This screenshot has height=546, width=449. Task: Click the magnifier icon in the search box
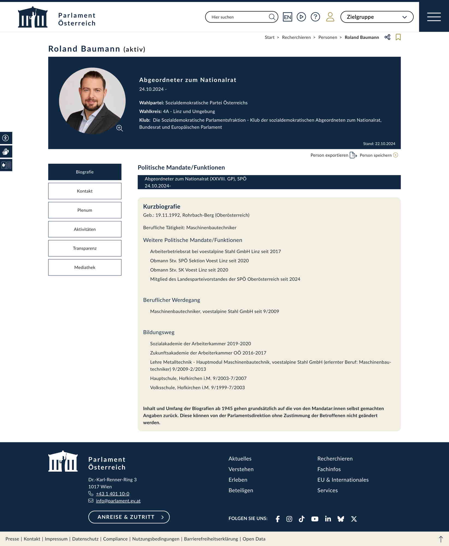point(272,17)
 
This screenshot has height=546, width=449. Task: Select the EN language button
point(287,17)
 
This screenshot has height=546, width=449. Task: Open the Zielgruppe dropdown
point(377,17)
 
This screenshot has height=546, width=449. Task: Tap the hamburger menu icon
point(434,17)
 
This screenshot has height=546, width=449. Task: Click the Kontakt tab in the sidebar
point(85,191)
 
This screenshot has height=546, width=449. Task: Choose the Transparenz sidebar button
point(85,248)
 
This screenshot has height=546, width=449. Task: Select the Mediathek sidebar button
point(85,267)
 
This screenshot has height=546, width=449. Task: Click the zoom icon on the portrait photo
point(119,128)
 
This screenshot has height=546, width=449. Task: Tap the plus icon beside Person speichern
point(395,155)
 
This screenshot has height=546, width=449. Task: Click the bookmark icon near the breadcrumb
point(398,37)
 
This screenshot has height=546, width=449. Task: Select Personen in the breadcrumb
point(327,37)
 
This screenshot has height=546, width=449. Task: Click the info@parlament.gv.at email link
point(118,501)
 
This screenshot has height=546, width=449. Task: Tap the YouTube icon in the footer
point(315,519)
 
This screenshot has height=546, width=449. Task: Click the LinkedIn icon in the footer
point(328,519)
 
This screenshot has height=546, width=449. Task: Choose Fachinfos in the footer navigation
point(329,469)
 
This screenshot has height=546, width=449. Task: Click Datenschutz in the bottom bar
point(85,539)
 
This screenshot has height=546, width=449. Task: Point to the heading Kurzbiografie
point(161,206)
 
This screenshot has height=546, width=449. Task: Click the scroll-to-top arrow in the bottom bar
point(441,539)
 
